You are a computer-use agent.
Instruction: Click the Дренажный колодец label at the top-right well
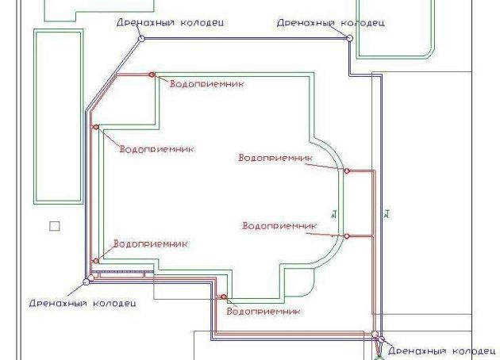pos(330,23)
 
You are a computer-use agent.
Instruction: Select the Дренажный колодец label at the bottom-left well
pos(83,302)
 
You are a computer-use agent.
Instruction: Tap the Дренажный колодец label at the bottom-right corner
pos(441,350)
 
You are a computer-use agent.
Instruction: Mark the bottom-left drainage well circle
pos(87,279)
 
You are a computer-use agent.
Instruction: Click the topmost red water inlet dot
pos(153,75)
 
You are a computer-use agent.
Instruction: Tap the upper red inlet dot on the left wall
pos(96,127)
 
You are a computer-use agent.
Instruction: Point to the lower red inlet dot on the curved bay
pos(347,236)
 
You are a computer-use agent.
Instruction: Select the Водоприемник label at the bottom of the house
pos(263,310)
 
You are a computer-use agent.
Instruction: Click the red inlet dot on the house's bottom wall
pos(224,297)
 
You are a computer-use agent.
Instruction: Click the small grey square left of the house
pos(54,226)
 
